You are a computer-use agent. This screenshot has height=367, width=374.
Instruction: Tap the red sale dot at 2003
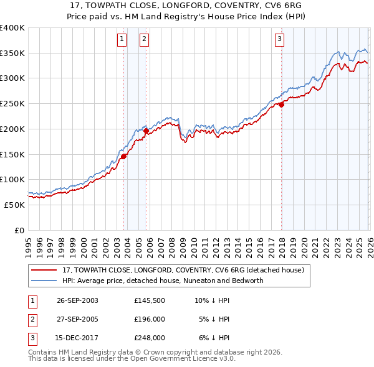[x=124, y=156]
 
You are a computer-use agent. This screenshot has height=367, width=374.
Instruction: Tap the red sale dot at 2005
[x=146, y=131]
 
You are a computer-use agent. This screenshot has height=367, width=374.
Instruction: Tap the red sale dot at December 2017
[x=281, y=105]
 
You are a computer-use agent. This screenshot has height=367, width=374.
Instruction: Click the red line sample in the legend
[x=44, y=271]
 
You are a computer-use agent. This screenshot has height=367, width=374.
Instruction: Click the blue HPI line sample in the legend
[x=44, y=281]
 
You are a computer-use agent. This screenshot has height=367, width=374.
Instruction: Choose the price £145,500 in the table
[x=150, y=300]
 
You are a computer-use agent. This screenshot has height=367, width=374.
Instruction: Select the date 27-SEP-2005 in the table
[x=77, y=319]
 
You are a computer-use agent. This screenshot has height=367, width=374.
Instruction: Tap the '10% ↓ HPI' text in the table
[x=212, y=300]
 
